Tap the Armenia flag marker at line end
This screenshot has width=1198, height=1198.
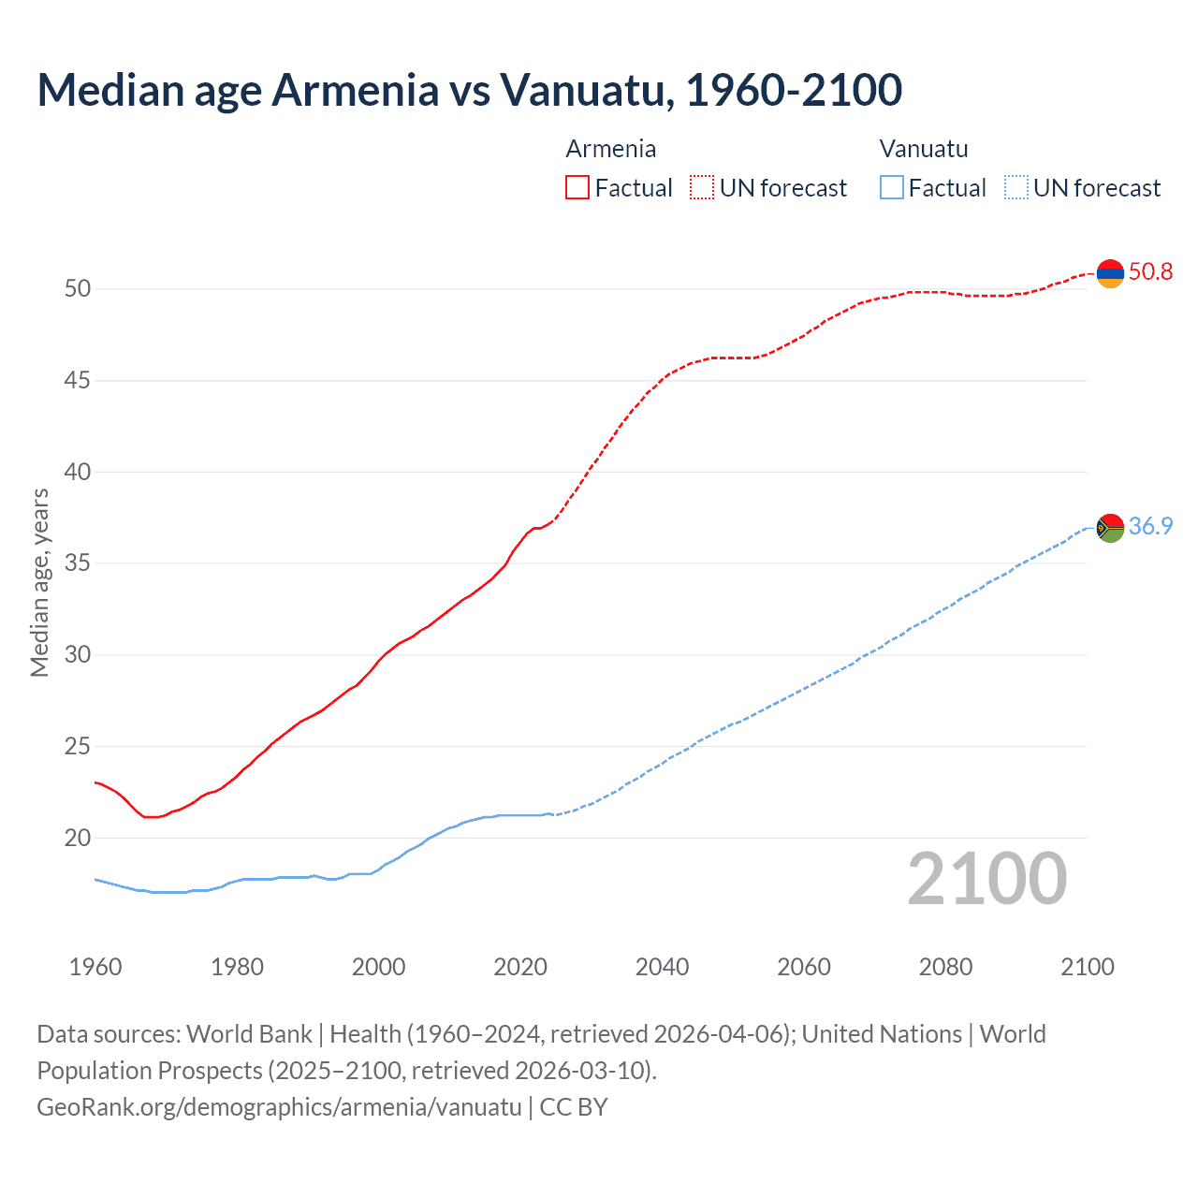coord(1110,273)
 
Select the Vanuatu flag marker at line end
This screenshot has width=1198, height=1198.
coord(1110,528)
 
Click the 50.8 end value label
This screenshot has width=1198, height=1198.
coord(1150,272)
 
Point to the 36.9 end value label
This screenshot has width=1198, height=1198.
coord(1150,527)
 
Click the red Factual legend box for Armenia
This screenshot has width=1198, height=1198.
coord(577,188)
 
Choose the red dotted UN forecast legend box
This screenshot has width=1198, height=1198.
coord(702,188)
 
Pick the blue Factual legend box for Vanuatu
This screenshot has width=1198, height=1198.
coord(892,188)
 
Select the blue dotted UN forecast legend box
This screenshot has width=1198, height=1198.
coord(1015,188)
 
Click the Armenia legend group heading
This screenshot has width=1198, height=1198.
coord(610,149)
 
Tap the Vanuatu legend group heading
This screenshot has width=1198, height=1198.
coord(924,149)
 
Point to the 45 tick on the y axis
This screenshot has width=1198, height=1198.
coord(78,380)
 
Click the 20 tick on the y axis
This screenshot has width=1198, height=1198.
coord(78,838)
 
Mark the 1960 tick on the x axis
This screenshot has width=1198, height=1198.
coord(95,967)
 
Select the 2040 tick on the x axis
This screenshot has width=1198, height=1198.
coord(662,967)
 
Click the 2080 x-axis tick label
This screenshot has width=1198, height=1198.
coord(945,967)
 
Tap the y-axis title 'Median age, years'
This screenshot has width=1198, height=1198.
coord(39,582)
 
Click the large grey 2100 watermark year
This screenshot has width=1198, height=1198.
coord(986,878)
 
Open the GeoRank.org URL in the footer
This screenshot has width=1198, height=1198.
coord(279,1107)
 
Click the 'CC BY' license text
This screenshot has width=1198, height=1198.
coord(574,1107)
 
